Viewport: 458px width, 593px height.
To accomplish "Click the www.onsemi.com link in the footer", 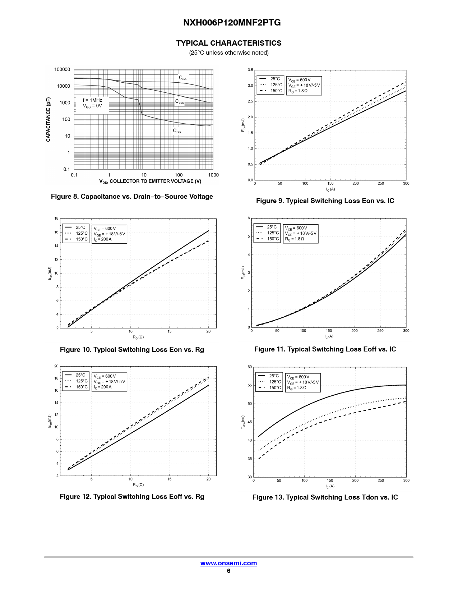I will click(x=228, y=563).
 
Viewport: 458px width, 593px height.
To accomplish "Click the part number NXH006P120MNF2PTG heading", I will click(x=232, y=23).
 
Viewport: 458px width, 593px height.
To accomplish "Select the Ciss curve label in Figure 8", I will click(x=182, y=78).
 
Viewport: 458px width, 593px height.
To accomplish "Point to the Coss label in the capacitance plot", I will click(x=179, y=102).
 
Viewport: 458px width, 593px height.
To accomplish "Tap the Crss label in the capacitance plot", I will click(x=177, y=131).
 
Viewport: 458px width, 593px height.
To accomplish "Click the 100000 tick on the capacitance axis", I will click(x=62, y=69).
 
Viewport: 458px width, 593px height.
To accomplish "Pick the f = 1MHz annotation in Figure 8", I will click(x=92, y=100).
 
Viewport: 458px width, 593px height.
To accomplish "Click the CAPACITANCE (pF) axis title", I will click(x=48, y=119).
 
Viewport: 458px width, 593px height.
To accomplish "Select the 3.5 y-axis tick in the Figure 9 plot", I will click(x=250, y=70).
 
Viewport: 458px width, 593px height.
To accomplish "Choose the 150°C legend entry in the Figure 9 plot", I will click(x=276, y=91).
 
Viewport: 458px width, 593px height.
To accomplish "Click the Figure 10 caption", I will click(x=132, y=350).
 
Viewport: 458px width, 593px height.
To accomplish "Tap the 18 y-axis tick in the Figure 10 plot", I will click(x=56, y=218).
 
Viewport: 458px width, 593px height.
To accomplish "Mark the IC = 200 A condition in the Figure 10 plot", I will click(x=103, y=239).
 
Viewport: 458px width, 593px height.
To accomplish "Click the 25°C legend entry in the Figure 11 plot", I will click(x=272, y=227).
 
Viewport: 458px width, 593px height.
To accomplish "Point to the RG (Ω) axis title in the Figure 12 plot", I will click(x=138, y=485).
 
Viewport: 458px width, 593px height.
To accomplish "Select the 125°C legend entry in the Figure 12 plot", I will click(x=81, y=381).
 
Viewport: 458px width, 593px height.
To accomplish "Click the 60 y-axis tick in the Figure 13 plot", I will click(x=250, y=367).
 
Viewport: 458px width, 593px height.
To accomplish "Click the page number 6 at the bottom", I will click(x=228, y=571).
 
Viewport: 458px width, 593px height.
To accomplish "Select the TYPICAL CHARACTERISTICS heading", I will click(x=229, y=43).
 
